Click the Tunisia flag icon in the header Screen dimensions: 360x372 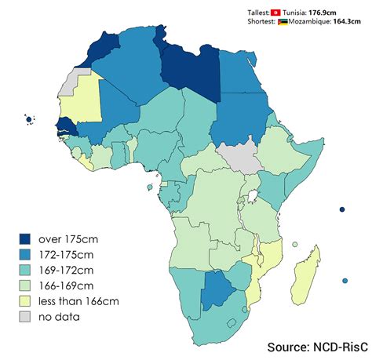(275, 13)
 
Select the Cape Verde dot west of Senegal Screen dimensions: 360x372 (29, 120)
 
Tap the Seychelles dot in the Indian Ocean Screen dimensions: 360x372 (342, 209)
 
